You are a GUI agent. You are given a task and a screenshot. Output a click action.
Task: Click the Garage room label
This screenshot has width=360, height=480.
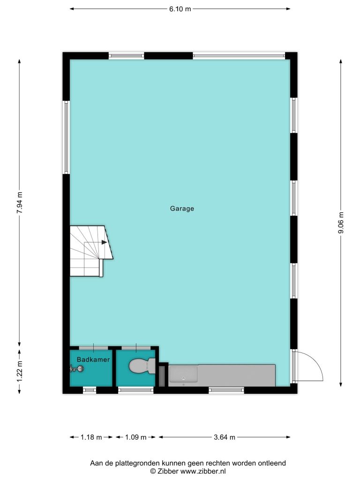pos(182,209)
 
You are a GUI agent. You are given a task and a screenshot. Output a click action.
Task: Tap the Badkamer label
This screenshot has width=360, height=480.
pos(93,360)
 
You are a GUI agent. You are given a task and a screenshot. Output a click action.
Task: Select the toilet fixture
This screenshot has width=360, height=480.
pos(142,366)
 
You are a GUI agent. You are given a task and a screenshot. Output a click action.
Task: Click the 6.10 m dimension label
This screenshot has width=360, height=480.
pos(180,9)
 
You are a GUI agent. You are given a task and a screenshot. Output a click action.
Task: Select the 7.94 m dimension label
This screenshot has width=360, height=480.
pos(19,202)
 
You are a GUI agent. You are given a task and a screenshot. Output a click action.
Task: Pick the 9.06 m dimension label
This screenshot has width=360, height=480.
pos(341,223)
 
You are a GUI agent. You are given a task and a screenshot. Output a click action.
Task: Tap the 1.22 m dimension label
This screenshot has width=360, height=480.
pos(19,371)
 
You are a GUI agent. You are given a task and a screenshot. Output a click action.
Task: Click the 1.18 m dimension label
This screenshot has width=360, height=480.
pos(91,437)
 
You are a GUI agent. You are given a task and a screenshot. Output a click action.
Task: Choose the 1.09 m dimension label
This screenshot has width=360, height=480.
pos(135,437)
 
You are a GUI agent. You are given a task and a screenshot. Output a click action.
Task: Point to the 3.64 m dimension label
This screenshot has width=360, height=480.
pos(225,437)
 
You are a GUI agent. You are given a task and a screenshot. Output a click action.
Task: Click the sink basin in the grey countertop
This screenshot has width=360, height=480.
pos(183,374)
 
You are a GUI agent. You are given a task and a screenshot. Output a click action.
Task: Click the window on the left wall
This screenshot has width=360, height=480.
pos(66,137)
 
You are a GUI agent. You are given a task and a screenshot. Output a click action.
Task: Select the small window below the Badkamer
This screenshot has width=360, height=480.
pos(90,390)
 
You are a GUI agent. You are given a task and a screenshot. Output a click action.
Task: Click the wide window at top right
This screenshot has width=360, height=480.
pos(239,56)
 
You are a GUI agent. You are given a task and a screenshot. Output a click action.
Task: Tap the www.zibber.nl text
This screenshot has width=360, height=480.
pos(203,471)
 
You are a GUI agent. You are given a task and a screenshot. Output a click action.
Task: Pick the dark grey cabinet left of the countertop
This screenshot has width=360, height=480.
pos(162,376)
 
